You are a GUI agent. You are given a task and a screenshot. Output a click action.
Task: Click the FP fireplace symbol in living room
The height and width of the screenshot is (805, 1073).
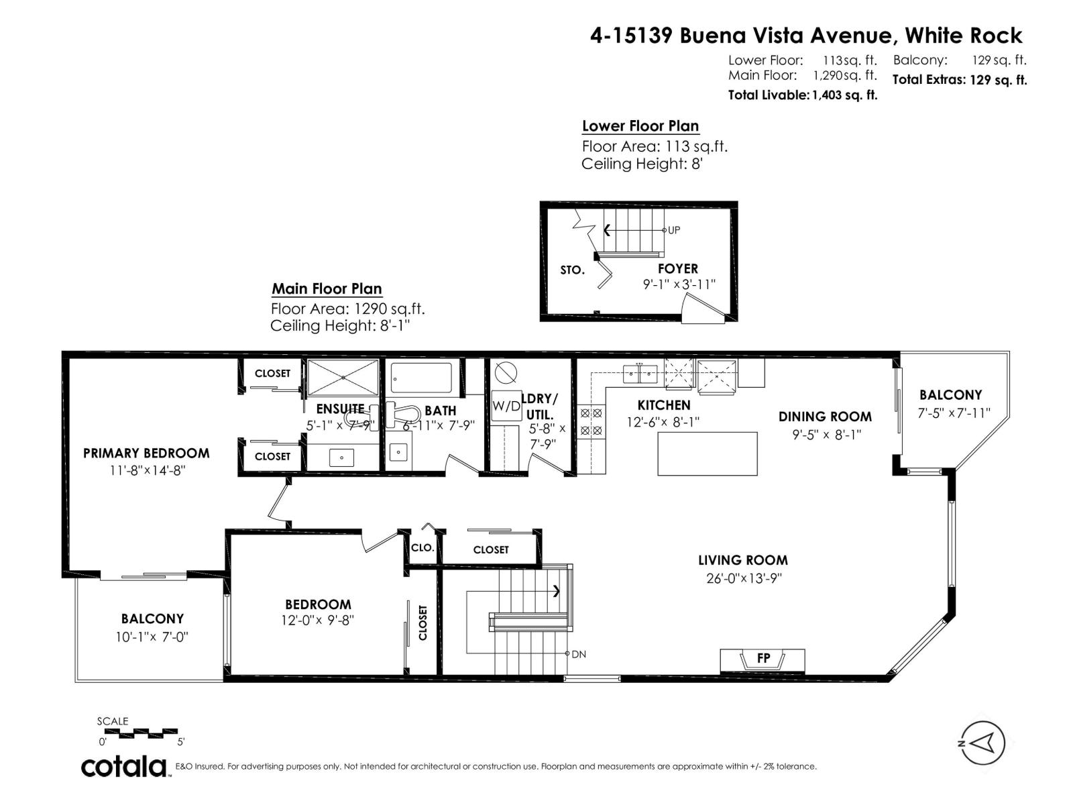pos(763,659)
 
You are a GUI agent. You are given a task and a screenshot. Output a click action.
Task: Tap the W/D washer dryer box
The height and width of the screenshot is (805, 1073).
pos(506,405)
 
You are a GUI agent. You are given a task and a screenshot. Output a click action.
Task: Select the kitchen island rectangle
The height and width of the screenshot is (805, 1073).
pos(707,453)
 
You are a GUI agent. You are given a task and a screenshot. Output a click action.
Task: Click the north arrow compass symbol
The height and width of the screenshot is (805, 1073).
pos(983,743)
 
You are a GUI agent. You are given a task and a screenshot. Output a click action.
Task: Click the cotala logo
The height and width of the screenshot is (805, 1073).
pos(125,766)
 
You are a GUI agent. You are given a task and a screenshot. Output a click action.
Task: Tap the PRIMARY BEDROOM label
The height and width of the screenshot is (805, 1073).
pos(146,453)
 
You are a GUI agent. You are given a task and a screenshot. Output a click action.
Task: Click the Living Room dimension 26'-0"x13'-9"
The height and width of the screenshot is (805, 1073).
pos(743,578)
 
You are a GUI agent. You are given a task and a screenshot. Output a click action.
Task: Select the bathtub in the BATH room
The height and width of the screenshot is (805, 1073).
pos(421,378)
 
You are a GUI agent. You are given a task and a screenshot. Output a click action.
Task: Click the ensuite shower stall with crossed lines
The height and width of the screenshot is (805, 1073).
pos(343,378)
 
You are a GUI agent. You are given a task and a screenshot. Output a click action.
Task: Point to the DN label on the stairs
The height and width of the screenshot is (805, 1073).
pos(578,654)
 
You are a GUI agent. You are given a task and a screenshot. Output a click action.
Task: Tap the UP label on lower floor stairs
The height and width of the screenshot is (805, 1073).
pos(673,230)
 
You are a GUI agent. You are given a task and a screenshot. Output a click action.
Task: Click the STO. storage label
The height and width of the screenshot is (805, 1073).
pos(572,270)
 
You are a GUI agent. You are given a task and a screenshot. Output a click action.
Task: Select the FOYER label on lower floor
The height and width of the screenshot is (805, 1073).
pos(677,268)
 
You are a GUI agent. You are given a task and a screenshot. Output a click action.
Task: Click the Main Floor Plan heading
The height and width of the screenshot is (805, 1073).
pos(327,289)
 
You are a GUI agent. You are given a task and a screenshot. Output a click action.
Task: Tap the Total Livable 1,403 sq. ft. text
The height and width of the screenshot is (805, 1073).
pos(802,95)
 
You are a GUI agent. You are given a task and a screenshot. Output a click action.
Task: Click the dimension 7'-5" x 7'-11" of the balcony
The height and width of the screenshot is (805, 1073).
pos(953,413)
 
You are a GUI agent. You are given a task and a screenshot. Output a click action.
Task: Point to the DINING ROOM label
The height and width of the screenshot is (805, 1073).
pos(825,417)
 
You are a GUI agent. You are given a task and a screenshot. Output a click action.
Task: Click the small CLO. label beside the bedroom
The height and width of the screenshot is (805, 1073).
pos(422,548)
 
